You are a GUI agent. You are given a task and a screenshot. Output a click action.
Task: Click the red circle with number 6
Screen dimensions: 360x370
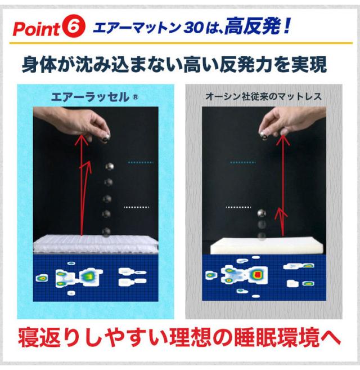pyautogui.click(x=74, y=27)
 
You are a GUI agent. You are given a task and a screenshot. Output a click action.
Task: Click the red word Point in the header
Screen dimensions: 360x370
pyautogui.click(x=37, y=29)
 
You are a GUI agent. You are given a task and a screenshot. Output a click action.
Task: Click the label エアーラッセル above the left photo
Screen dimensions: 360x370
pyautogui.click(x=91, y=97)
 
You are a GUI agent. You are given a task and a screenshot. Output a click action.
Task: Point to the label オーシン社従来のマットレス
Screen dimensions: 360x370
pyautogui.click(x=263, y=96)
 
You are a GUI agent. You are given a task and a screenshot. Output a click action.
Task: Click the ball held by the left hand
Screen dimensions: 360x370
pyautogui.click(x=105, y=138)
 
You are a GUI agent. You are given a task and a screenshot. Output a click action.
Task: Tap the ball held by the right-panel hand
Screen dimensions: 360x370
pyautogui.click(x=264, y=135)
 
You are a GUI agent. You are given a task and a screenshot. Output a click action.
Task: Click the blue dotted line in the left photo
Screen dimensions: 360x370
pyautogui.click(x=141, y=162)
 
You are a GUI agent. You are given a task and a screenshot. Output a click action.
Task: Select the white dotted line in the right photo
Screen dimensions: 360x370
pyautogui.click(x=238, y=207)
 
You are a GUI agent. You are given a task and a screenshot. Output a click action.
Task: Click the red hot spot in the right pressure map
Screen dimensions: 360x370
pyautogui.click(x=258, y=274)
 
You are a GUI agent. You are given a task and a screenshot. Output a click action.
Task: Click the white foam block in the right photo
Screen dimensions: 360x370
pyautogui.click(x=264, y=247)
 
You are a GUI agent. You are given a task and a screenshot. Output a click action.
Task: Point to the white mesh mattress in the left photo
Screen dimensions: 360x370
pyautogui.click(x=95, y=244)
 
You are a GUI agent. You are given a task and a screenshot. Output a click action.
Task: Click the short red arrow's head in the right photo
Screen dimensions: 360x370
pyautogui.click(x=281, y=213)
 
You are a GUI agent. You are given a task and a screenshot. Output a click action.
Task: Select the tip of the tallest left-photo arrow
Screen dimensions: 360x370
pyautogui.click(x=81, y=135)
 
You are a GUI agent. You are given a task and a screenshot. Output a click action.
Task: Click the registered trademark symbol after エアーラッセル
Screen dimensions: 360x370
pyautogui.click(x=136, y=97)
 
